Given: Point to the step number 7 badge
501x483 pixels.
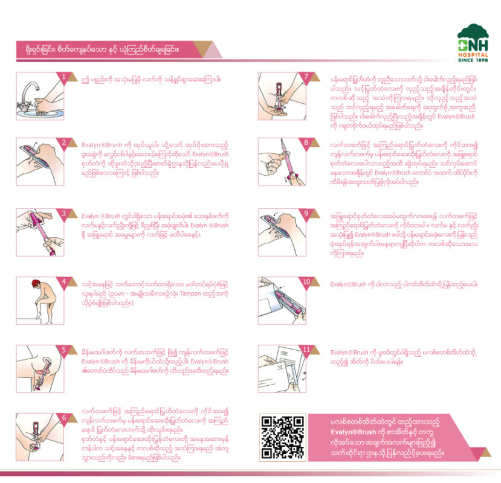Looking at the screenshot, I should pos(306,77).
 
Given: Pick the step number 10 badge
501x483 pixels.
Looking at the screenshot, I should pos(306,281).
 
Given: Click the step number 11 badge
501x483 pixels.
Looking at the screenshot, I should pos(306,350).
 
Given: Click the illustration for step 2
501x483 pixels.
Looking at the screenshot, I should pos(39,159).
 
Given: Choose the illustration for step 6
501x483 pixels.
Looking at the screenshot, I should pos(39,433).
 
